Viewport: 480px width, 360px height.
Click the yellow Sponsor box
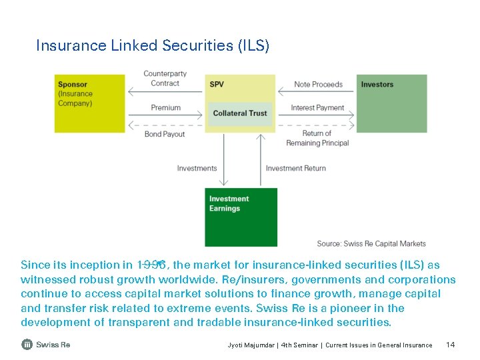[89, 103]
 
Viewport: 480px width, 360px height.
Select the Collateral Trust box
[239, 113]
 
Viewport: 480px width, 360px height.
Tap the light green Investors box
[391, 103]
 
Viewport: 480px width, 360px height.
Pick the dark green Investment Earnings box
[241, 217]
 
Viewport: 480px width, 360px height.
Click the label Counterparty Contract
[165, 79]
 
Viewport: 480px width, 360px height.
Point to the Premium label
[165, 107]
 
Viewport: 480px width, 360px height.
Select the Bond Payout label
[165, 134]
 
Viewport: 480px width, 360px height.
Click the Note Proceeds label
[318, 85]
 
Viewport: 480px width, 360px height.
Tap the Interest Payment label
[317, 107]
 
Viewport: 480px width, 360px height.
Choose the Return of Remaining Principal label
[317, 138]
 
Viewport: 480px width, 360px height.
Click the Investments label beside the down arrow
[197, 168]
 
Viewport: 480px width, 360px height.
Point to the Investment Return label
[295, 168]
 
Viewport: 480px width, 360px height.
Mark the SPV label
[217, 85]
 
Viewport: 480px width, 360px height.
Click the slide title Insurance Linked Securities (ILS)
[153, 46]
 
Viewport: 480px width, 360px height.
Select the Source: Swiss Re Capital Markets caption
[371, 243]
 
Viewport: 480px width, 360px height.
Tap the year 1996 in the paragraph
[151, 265]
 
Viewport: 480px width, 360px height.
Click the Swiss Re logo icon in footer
[27, 345]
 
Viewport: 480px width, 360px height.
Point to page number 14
[450, 345]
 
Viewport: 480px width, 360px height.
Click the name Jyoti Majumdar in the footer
[251, 345]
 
